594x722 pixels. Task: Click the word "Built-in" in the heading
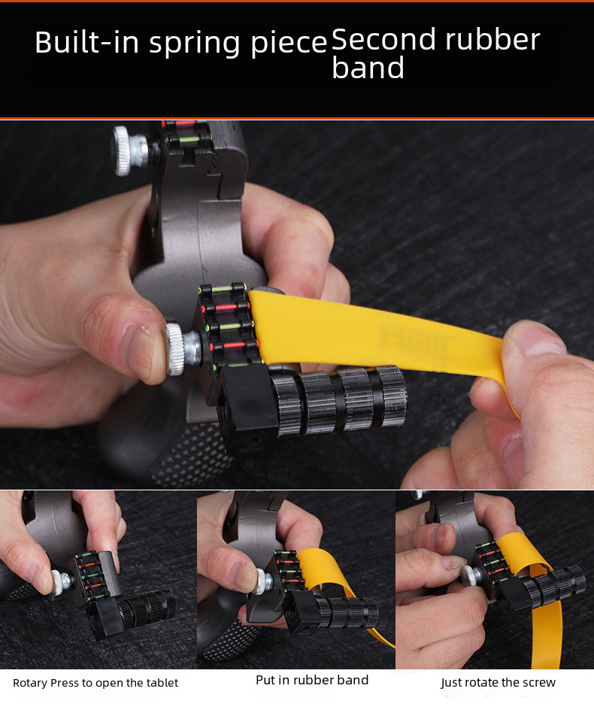(87, 42)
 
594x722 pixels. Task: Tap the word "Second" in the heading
(383, 39)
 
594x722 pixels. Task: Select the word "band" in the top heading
(368, 68)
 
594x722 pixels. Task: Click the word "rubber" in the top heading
(492, 39)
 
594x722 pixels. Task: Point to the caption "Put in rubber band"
(312, 680)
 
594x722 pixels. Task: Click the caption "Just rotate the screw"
(499, 682)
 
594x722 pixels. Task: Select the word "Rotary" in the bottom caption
(30, 683)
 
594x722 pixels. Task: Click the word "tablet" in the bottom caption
(161, 683)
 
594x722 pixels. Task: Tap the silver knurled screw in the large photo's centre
(182, 348)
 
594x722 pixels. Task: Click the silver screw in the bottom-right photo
(471, 576)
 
